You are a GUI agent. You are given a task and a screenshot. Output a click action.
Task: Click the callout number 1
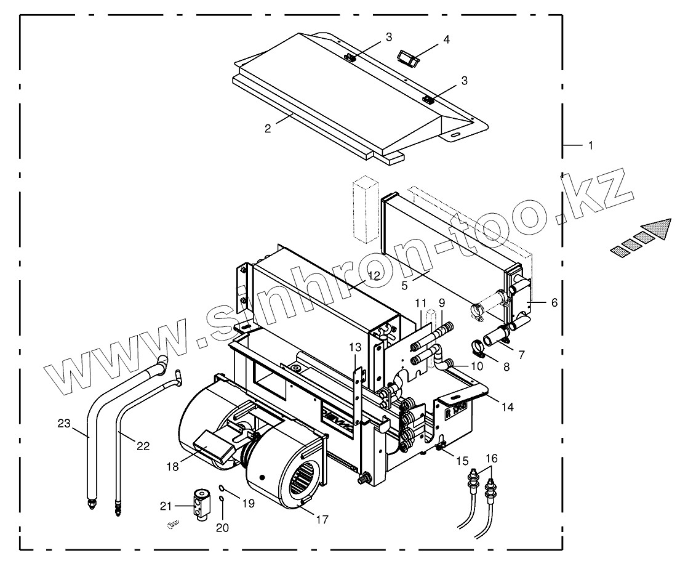590,146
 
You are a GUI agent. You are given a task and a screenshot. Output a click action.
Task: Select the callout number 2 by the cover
268,129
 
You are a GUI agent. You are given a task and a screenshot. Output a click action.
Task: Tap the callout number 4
446,39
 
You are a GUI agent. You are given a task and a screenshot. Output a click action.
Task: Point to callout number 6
554,302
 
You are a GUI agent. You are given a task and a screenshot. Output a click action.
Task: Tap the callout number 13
355,348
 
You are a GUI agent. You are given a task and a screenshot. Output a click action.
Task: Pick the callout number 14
507,406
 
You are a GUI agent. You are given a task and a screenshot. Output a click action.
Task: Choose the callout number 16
492,458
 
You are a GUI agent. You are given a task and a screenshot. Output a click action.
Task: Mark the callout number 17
321,519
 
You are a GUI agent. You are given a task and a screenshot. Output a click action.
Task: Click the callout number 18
172,466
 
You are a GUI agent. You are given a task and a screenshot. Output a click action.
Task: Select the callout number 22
143,446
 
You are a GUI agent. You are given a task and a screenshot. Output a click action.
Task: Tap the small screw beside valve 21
171,524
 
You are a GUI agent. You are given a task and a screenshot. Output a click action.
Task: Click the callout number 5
404,285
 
